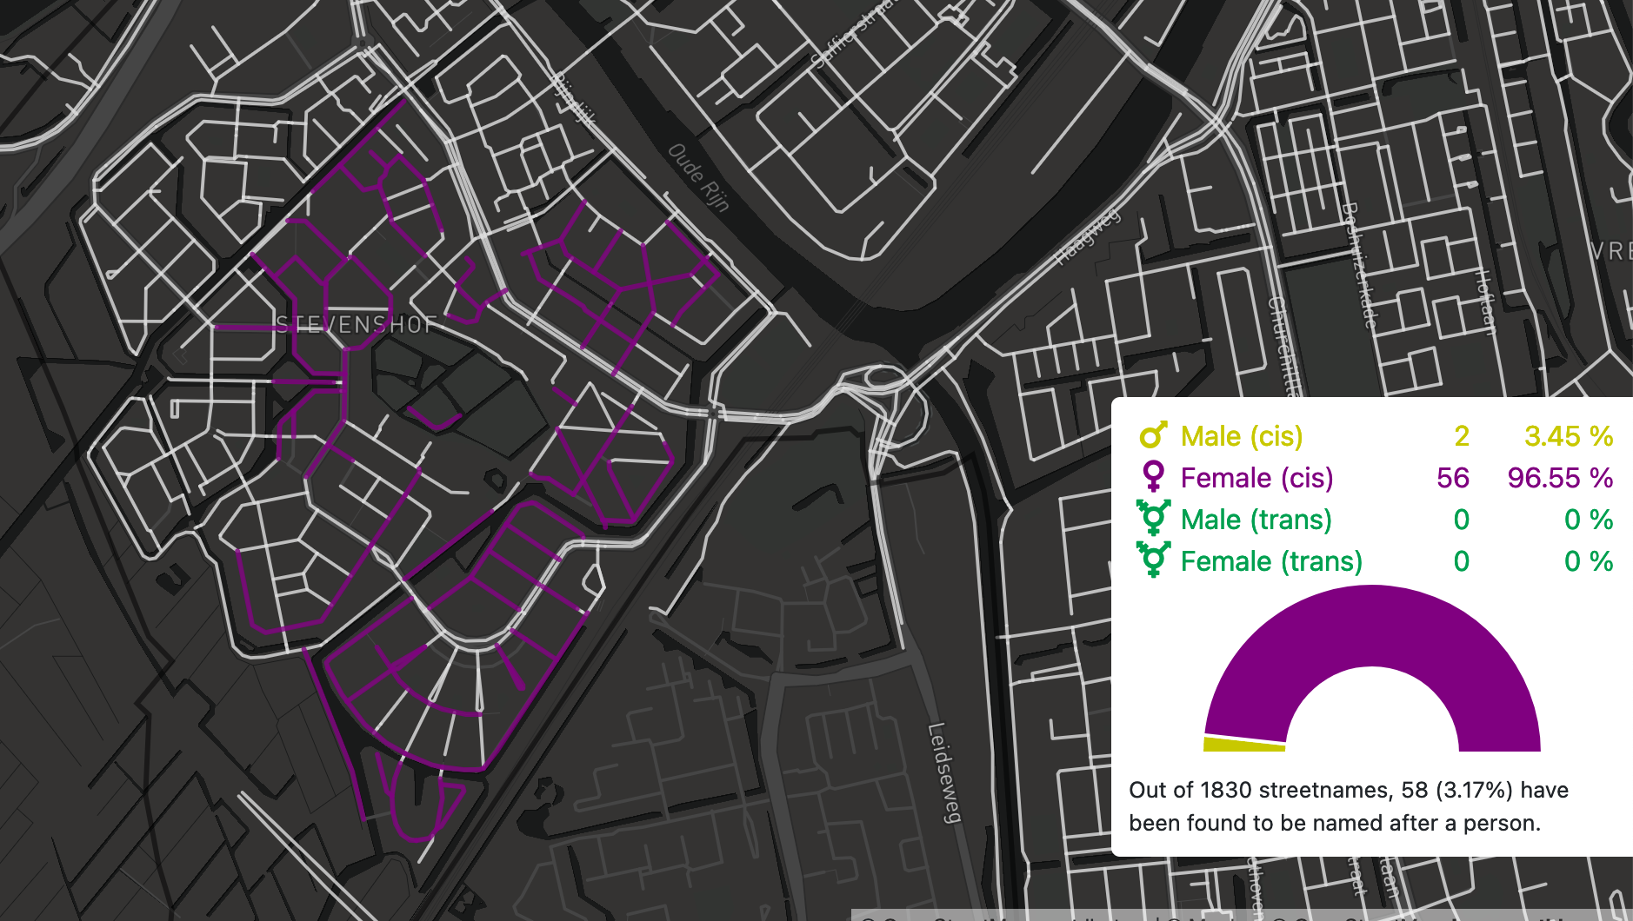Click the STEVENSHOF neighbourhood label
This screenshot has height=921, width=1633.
click(356, 325)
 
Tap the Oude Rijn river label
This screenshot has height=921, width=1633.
click(698, 177)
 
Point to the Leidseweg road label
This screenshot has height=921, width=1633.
click(945, 772)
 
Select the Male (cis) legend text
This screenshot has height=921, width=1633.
click(1241, 436)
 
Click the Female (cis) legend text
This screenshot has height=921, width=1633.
click(1256, 478)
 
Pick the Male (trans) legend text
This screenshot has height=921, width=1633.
click(1256, 520)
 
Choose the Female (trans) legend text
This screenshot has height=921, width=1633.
click(1270, 561)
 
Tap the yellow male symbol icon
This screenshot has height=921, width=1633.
click(1153, 435)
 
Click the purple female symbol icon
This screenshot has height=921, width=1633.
click(1153, 477)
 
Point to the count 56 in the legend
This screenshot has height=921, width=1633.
click(1452, 478)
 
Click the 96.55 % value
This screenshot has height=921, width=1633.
click(1560, 478)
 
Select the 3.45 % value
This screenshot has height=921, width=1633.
click(1568, 436)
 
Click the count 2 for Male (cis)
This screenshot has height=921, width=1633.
click(1461, 436)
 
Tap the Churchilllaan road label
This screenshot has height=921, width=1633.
click(1283, 348)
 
